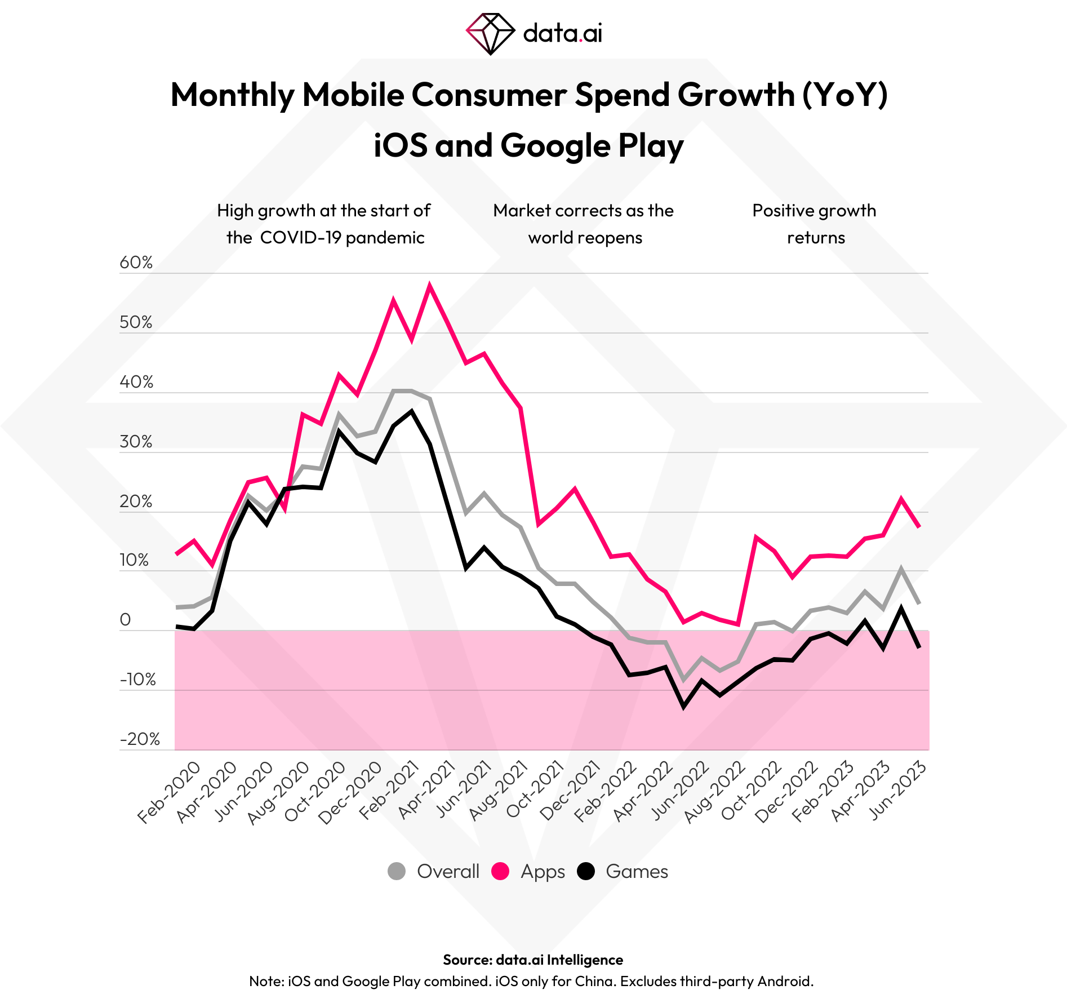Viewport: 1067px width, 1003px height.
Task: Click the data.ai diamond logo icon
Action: [490, 34]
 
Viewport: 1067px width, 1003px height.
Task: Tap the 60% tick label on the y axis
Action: [136, 263]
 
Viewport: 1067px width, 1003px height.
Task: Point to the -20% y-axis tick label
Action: [140, 739]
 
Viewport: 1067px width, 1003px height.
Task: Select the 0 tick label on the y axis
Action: [125, 620]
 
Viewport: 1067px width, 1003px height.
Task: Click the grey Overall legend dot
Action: [397, 871]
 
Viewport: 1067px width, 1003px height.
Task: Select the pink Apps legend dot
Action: [500, 871]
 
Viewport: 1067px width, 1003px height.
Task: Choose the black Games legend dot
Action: [586, 871]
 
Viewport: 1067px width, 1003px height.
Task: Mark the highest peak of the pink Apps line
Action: [430, 286]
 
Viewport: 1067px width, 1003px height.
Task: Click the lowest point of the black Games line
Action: [684, 706]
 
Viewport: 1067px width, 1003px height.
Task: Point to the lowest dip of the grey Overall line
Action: [684, 680]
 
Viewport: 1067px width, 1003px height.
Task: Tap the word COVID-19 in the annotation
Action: [300, 238]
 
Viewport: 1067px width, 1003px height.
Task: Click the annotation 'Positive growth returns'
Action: [815, 224]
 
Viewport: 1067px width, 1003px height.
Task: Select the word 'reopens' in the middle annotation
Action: [613, 238]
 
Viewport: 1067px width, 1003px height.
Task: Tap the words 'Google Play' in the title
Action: [592, 145]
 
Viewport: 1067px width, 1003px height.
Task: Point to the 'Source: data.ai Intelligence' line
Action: [533, 960]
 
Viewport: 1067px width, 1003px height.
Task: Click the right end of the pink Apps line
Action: [919, 526]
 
